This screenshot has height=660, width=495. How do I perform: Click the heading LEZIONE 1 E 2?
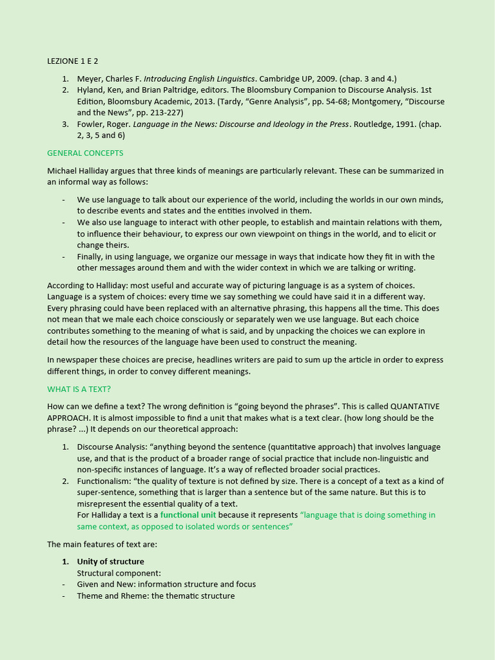coord(73,61)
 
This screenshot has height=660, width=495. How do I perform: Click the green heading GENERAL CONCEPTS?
coord(85,153)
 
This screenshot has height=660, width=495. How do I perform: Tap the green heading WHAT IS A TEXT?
coord(79,389)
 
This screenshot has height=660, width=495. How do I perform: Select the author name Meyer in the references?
coord(89,79)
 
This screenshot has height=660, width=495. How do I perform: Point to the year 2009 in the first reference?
coord(322,79)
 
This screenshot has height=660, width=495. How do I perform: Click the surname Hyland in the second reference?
coord(90,90)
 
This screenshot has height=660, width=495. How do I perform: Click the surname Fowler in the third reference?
coord(90,124)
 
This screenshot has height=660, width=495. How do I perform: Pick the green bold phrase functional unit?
coord(188,515)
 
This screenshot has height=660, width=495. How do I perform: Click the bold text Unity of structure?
coord(110,561)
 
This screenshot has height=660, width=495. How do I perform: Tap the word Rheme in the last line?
coord(133,596)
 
